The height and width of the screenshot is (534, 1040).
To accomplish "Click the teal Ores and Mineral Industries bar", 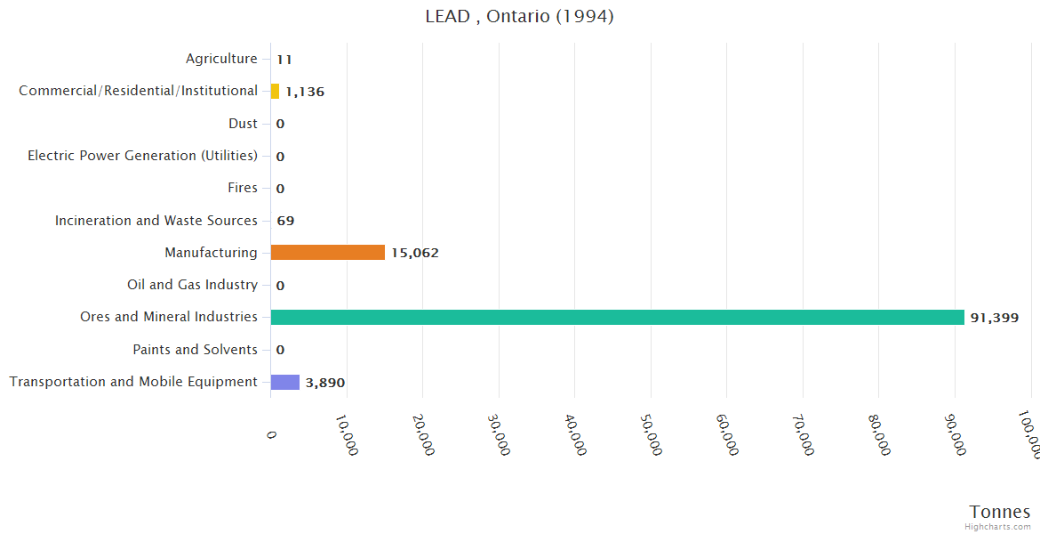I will pyautogui.click(x=617, y=317).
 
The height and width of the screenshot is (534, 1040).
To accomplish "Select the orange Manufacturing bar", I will pyautogui.click(x=327, y=253).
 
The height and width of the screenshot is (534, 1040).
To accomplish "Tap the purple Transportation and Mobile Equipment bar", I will pyautogui.click(x=284, y=382).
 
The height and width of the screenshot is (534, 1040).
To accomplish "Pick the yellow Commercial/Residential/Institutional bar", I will pyautogui.click(x=275, y=91).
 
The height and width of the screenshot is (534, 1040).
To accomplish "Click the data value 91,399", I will pyautogui.click(x=994, y=318).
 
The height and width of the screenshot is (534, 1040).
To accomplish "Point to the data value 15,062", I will pyautogui.click(x=414, y=254).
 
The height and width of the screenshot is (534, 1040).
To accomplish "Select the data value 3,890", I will pyautogui.click(x=324, y=383).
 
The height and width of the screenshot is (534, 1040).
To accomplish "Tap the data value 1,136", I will pyautogui.click(x=305, y=92).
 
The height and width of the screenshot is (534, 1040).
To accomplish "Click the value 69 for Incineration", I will pyautogui.click(x=285, y=221).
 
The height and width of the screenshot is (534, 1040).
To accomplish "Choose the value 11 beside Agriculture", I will pyautogui.click(x=284, y=60).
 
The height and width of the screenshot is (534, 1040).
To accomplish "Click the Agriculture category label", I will pyautogui.click(x=221, y=59).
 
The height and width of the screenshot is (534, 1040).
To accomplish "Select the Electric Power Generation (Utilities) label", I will pyautogui.click(x=142, y=156).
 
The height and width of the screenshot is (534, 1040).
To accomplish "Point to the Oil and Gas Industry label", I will pyautogui.click(x=192, y=285).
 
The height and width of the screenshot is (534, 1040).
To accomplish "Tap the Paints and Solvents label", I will pyautogui.click(x=195, y=350).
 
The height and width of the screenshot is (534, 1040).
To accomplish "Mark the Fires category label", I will pyautogui.click(x=243, y=188).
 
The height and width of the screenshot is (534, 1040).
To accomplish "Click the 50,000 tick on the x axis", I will pyautogui.click(x=652, y=434).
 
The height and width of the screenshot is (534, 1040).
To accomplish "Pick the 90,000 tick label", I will pyautogui.click(x=956, y=434).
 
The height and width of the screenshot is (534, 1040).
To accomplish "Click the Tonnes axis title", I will pyautogui.click(x=999, y=512).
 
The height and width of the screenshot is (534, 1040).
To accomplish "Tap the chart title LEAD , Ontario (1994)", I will pyautogui.click(x=519, y=16).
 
